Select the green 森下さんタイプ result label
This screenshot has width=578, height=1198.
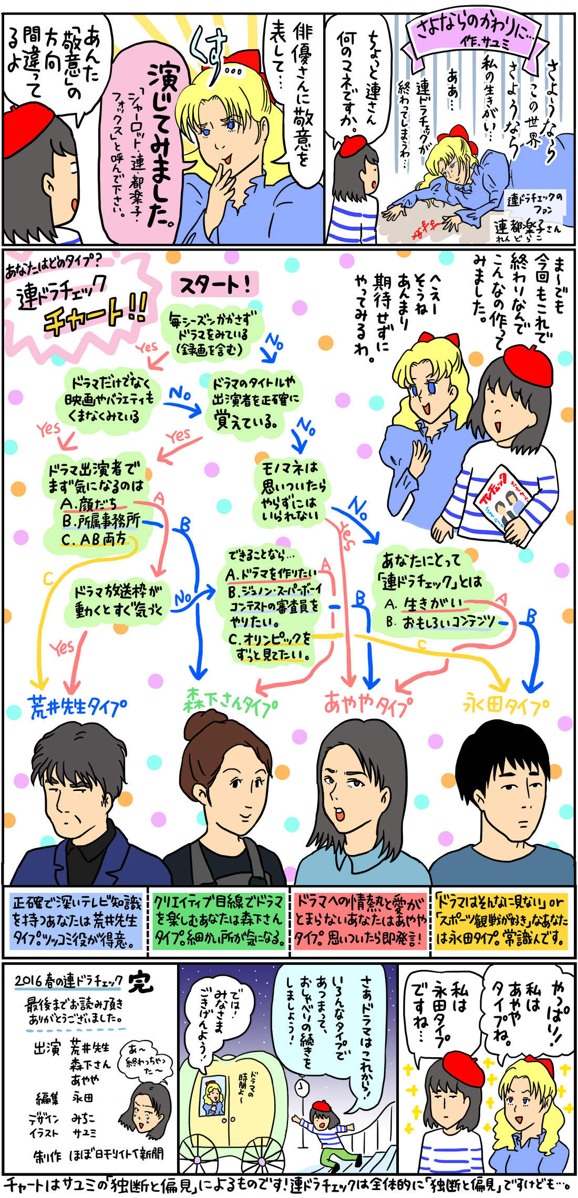[x=230, y=702]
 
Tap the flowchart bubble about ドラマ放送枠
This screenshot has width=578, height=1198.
[x=119, y=601]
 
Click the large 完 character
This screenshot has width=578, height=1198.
[x=141, y=982]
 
